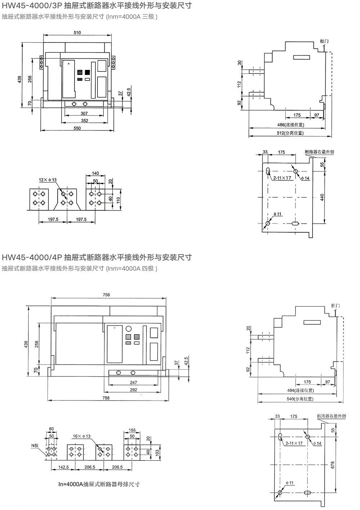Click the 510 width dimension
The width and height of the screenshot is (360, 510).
pos(77,32)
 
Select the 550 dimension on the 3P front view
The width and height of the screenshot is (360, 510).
pos(77,128)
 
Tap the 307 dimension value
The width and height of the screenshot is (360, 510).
pos(84,113)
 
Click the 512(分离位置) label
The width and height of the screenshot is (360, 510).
pos(291,133)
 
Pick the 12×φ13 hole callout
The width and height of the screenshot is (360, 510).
pos(48,179)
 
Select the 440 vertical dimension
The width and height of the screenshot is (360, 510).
pos(322,197)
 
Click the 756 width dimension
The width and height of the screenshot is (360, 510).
pos(106,295)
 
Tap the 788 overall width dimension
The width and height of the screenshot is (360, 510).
pos(106,398)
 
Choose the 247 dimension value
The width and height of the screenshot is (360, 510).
pos(134,382)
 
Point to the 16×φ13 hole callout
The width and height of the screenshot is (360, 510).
pos(82,436)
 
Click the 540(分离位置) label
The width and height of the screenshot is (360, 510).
pos(300,399)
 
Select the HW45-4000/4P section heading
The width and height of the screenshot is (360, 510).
pos(97,258)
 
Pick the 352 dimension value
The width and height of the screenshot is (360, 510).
pos(84,121)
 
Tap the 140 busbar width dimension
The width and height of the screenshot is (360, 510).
pos(95,174)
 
